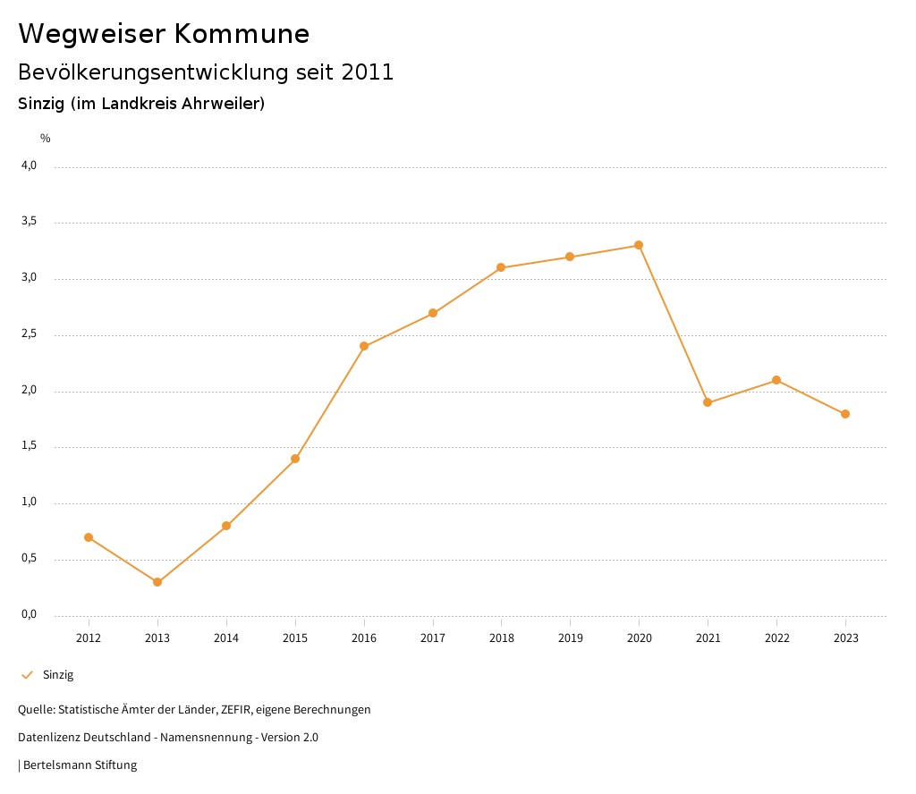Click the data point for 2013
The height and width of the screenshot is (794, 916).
(x=157, y=582)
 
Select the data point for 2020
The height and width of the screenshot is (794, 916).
(x=639, y=245)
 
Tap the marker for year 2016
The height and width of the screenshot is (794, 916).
(x=364, y=346)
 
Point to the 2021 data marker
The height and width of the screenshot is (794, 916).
(x=708, y=402)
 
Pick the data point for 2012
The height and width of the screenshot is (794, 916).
(x=89, y=537)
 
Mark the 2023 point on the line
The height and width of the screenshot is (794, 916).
(x=845, y=414)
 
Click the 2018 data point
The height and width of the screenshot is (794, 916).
(x=501, y=267)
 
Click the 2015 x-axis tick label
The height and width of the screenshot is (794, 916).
(x=295, y=638)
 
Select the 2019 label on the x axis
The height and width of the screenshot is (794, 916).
(x=571, y=638)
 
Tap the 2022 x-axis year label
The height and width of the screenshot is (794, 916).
(x=776, y=638)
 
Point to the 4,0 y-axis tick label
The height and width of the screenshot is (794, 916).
(x=30, y=165)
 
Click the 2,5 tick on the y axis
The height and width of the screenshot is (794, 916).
(x=30, y=334)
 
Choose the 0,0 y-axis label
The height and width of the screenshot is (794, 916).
(x=30, y=614)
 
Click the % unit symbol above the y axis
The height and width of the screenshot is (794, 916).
(x=46, y=139)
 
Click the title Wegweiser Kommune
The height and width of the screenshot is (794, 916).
(x=164, y=34)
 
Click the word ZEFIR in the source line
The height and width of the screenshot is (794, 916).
(x=235, y=710)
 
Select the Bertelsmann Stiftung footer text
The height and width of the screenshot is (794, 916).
(x=80, y=765)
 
